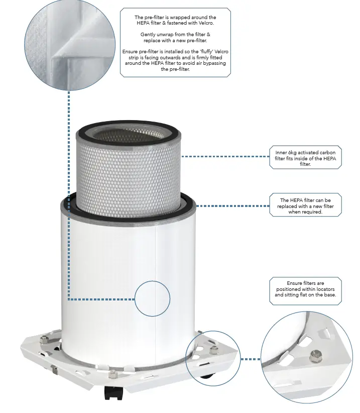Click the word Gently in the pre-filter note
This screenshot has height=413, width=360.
click(x=148, y=34)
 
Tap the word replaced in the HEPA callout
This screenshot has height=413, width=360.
click(x=292, y=206)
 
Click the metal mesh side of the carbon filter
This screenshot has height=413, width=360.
click(x=128, y=171)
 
